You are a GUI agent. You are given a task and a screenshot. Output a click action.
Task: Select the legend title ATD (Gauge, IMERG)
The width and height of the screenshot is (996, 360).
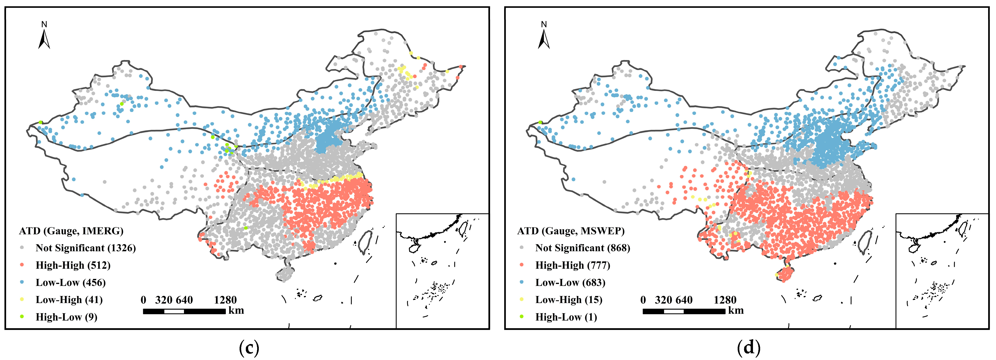[71, 231]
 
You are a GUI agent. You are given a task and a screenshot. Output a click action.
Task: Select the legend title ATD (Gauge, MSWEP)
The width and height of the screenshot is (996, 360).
[571, 231]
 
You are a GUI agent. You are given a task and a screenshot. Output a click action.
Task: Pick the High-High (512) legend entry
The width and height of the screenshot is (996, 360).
[73, 265]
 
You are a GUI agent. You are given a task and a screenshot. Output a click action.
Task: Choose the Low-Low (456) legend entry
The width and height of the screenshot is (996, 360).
[70, 283]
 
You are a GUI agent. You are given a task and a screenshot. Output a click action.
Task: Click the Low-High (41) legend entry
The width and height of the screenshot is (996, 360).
[69, 300]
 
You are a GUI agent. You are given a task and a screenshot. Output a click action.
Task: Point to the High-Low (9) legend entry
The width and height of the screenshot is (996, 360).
[66, 317]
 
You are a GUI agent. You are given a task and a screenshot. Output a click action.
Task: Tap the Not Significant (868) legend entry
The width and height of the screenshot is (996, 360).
[582, 248]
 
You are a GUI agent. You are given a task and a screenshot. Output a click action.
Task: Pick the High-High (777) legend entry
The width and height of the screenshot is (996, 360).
[572, 265]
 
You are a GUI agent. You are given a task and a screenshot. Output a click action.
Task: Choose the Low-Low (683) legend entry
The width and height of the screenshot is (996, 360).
[570, 283]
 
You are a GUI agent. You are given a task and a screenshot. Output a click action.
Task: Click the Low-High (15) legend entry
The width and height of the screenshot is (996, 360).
[568, 300]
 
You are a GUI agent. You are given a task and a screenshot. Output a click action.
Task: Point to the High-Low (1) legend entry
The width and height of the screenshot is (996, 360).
[566, 317]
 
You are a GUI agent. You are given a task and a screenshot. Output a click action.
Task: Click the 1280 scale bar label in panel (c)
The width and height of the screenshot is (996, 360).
[225, 300]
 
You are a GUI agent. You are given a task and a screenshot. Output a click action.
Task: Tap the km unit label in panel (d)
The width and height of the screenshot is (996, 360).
[736, 310]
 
